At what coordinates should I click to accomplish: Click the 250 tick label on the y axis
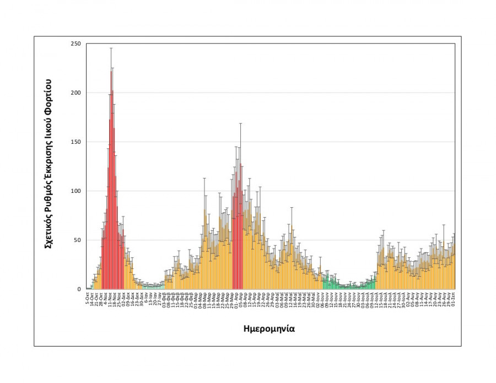76,44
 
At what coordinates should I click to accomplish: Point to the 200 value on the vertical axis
76,93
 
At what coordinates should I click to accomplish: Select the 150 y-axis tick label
76,142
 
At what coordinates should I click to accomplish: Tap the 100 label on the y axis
76,191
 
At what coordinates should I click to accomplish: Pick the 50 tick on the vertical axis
77,240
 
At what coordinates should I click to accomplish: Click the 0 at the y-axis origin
79,289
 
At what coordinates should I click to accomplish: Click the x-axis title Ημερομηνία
269,328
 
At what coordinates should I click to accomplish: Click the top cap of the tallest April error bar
240,123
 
